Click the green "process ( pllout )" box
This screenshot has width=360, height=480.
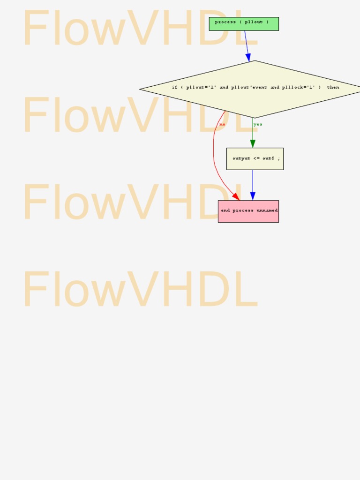point(244,24)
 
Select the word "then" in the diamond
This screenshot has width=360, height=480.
point(333,87)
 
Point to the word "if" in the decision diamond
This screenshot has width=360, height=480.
point(174,87)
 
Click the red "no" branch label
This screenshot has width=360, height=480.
point(222,124)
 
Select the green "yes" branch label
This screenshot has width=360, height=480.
point(258,124)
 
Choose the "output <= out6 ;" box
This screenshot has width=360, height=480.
point(255,159)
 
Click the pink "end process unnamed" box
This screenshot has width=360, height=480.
point(248,211)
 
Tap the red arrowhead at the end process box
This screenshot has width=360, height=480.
point(236,196)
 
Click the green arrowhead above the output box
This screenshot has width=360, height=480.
point(253,144)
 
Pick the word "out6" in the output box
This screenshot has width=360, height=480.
point(268,158)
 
